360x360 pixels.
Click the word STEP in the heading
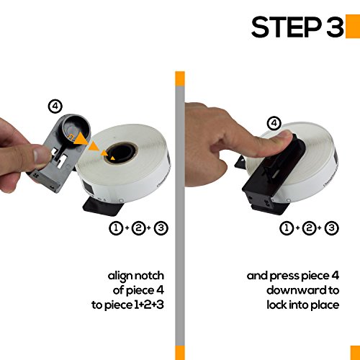pyautogui.click(x=287, y=27)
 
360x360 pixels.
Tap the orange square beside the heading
pyautogui.click(x=353, y=27)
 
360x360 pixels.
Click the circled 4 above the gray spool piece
pyautogui.click(x=55, y=106)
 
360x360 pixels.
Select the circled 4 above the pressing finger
pyautogui.click(x=274, y=124)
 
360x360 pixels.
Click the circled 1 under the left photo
pyautogui.click(x=117, y=228)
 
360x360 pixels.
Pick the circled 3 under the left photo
pyautogui.click(x=161, y=228)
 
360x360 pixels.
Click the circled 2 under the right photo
pyautogui.click(x=309, y=228)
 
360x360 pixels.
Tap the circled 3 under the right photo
pyautogui.click(x=331, y=228)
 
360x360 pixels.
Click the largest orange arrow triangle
pyautogui.click(x=80, y=139)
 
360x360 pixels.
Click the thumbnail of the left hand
pyautogui.click(x=41, y=155)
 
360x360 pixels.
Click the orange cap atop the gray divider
pyautogui.click(x=180, y=78)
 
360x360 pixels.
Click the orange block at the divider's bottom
pyautogui.click(x=180, y=353)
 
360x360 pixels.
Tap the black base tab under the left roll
pyautogui.click(x=103, y=206)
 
